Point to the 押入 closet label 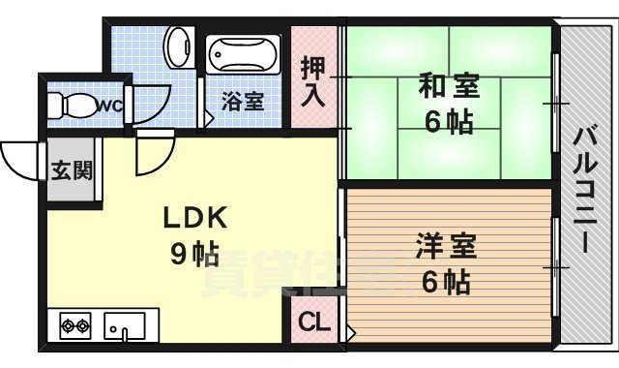coord(313,82)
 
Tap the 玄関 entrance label coord(72,171)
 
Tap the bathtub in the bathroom coord(243,53)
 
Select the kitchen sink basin coord(124,325)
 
